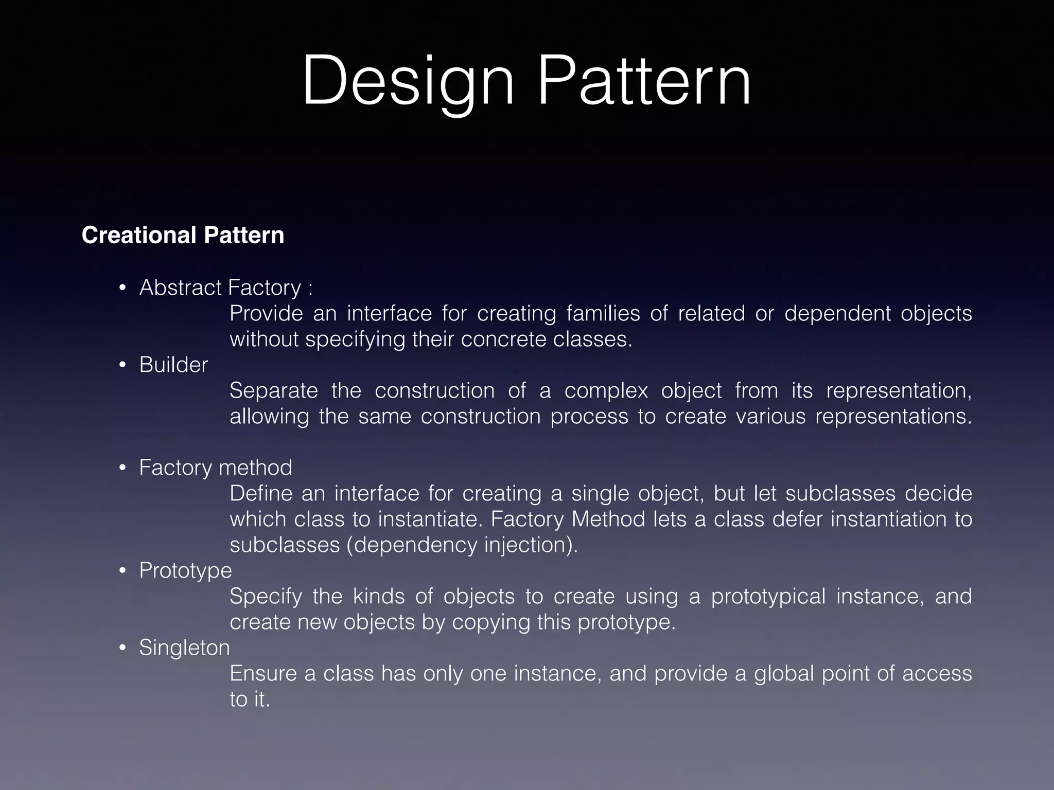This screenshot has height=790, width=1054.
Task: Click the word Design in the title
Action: click(408, 82)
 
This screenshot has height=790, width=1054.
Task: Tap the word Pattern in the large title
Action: click(644, 82)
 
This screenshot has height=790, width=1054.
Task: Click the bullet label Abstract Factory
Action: click(220, 288)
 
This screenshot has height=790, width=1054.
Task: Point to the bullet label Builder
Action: click(173, 365)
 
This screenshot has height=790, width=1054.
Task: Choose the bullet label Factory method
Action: click(215, 468)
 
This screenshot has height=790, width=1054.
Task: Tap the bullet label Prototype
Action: click(185, 570)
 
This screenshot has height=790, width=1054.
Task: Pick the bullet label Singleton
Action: click(184, 648)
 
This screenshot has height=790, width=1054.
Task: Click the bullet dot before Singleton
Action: click(122, 648)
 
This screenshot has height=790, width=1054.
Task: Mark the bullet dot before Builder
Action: click(122, 365)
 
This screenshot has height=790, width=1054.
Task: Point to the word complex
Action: click(606, 391)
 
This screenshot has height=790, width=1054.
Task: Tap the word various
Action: click(770, 416)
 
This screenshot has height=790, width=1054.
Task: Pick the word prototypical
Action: click(768, 597)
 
